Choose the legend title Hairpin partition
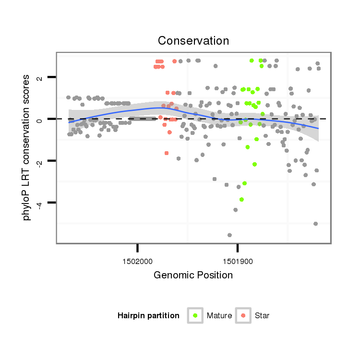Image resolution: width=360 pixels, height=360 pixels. [x=148, y=316]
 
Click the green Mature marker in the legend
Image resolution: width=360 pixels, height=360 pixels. [x=195, y=315]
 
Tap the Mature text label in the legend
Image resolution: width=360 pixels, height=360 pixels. [x=219, y=316]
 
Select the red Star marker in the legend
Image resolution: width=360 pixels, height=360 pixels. [x=243, y=315]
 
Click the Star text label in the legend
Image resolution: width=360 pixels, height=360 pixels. [x=262, y=316]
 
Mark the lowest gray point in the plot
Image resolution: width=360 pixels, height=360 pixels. [x=230, y=235]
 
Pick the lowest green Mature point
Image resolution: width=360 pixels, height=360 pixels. [x=242, y=199]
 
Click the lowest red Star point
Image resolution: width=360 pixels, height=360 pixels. [x=167, y=153]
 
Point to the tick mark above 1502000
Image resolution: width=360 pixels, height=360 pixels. [x=138, y=248]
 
